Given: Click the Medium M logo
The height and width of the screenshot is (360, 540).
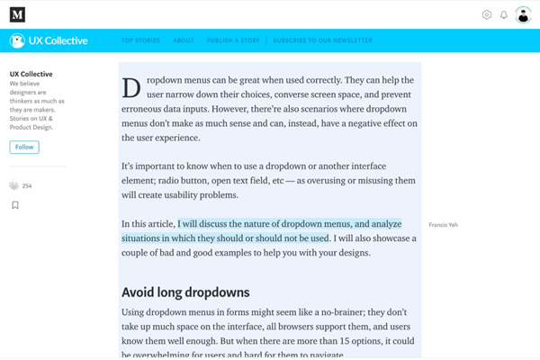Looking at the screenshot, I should (x=17, y=14).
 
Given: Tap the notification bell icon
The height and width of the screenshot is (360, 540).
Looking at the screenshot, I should (x=504, y=14).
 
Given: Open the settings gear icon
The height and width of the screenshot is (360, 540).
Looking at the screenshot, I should (x=487, y=14).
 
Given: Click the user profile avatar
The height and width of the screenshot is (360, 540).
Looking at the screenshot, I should (x=523, y=14).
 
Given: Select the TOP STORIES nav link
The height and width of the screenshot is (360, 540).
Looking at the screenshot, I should (x=139, y=41).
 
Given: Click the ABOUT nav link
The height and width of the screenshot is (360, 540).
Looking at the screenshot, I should (x=184, y=41).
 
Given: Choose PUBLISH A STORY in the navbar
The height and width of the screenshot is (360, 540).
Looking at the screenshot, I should (x=233, y=41).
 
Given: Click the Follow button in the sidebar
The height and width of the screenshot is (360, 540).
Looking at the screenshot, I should (x=24, y=147).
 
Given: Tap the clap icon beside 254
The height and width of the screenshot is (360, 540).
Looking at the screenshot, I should (x=14, y=185).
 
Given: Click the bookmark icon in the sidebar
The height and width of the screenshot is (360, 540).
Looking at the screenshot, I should (x=15, y=205).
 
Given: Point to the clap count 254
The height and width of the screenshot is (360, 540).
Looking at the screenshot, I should (x=27, y=185).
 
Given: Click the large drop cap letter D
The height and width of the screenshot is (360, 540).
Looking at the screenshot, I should (x=130, y=87).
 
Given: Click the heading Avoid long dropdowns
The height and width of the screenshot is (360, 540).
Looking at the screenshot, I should (x=185, y=292).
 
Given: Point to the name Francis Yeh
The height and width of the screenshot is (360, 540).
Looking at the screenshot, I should (x=443, y=224).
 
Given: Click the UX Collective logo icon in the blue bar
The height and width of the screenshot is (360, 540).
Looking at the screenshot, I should (x=17, y=41).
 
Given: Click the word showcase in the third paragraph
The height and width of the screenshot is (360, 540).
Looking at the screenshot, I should (x=393, y=238).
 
